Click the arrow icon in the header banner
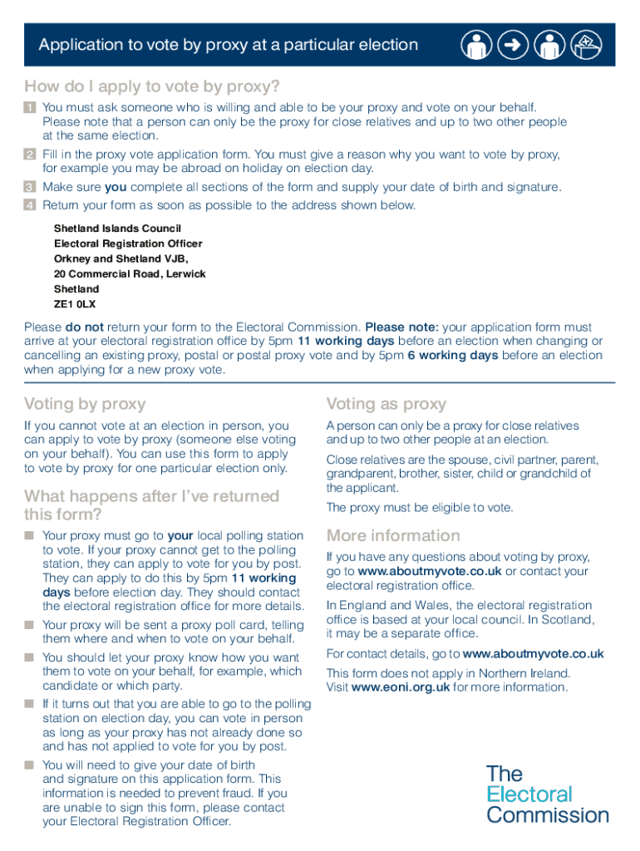514,46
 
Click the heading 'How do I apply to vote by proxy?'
152,86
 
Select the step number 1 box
30,107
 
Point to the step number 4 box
30,205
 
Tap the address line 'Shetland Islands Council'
117,228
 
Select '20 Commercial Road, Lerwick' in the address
130,273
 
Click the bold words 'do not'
84,327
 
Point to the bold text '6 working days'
453,356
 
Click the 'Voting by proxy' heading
85,404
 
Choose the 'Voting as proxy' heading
386,404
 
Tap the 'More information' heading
393,535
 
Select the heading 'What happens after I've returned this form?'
151,504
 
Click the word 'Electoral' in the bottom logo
529,794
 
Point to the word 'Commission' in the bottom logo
548,815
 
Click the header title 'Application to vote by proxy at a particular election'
228,45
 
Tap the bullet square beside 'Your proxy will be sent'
30,625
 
